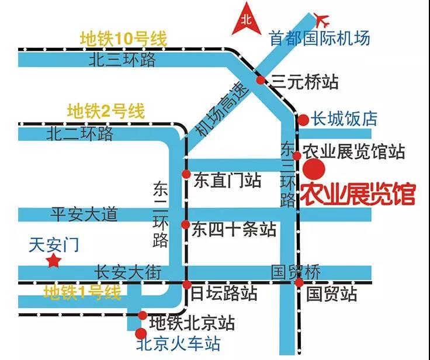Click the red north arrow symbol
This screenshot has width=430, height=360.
247,20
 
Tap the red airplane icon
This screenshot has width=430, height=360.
321,20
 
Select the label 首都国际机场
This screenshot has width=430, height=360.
319,38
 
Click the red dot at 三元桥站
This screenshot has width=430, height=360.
261,80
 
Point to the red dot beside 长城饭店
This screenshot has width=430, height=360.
303,120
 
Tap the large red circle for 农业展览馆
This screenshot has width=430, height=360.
314,169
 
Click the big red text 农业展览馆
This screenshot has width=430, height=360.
358,195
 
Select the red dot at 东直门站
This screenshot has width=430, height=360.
186,174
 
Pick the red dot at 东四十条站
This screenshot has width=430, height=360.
186,225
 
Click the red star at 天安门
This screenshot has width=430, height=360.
54,261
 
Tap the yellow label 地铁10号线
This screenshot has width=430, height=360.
123,39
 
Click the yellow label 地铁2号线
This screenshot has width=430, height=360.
106,111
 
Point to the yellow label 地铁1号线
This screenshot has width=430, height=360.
82,292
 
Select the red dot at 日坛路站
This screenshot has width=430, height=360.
187,285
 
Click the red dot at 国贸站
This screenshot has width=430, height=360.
299,283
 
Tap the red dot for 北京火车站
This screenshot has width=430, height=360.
141,334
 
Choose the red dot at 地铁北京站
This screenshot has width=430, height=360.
143,316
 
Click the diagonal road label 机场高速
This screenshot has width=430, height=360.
221,110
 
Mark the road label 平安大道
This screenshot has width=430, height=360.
84,214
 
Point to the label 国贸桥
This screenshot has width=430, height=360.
296,272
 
